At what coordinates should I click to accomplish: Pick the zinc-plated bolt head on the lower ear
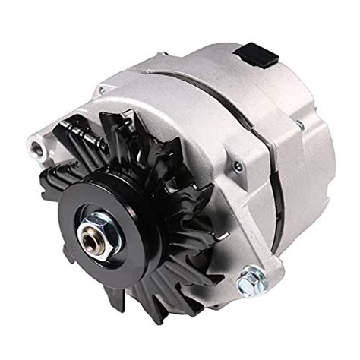[x=251, y=283]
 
